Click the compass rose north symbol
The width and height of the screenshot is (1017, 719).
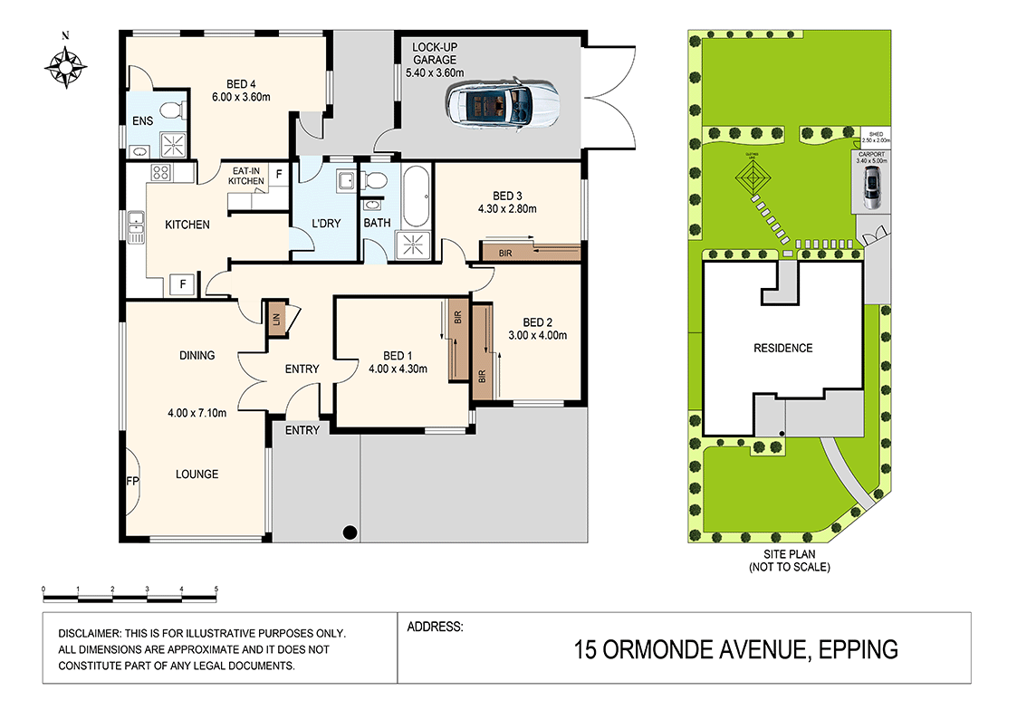click(x=66, y=65)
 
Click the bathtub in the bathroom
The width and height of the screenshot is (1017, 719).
click(x=417, y=197)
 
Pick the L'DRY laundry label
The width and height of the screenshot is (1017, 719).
click(x=325, y=223)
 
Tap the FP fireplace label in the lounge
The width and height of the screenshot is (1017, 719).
click(x=132, y=481)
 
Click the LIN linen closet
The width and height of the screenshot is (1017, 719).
click(x=276, y=319)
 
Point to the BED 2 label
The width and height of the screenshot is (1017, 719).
click(x=538, y=322)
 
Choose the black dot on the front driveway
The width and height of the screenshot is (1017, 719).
click(x=350, y=532)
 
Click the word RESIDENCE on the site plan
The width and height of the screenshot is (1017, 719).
click(x=783, y=348)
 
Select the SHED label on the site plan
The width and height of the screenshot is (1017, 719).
click(x=876, y=134)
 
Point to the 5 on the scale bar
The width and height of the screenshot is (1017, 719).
click(x=216, y=589)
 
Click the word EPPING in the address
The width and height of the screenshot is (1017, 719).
click(x=858, y=649)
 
